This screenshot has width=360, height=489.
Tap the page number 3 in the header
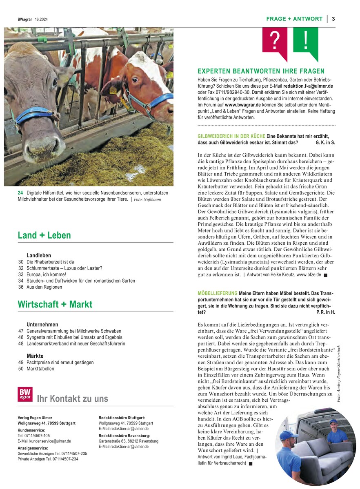[x=333, y=19]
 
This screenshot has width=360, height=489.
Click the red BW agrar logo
[x=24, y=394]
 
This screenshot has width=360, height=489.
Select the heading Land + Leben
[x=44, y=235]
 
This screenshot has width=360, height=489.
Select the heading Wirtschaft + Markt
[x=55, y=304]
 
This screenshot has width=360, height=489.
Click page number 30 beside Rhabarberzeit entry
[x=20, y=262]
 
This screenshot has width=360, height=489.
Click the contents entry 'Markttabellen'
[x=40, y=369]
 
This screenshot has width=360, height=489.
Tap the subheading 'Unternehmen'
[x=42, y=325]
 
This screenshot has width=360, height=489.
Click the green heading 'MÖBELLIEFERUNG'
[x=217, y=293]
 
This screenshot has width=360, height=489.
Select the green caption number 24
[x=20, y=193]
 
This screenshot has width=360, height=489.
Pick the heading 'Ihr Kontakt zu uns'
[x=72, y=398]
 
